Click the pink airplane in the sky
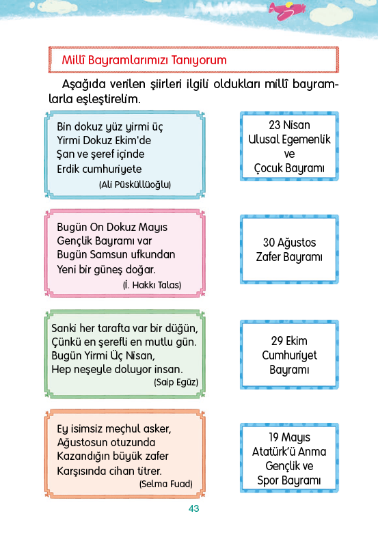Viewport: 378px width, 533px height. tap(287, 10)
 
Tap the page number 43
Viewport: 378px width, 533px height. tap(193, 508)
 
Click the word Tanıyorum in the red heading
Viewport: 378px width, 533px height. tap(199, 60)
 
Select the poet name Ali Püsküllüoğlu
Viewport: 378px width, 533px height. tap(135, 184)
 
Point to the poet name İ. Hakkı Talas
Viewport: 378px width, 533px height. tap(152, 285)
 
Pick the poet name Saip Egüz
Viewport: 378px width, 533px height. tap(176, 382)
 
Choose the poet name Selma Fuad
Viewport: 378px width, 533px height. tap(166, 484)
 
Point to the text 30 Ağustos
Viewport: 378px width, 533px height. tap(289, 243)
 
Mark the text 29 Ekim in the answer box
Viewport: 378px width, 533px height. tap(289, 341)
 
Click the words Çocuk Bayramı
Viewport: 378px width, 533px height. tap(289, 168)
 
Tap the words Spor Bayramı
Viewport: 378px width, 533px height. tap(289, 480)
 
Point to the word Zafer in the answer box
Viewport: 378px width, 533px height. tap(267, 257)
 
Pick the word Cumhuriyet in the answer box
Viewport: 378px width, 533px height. tap(289, 355)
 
